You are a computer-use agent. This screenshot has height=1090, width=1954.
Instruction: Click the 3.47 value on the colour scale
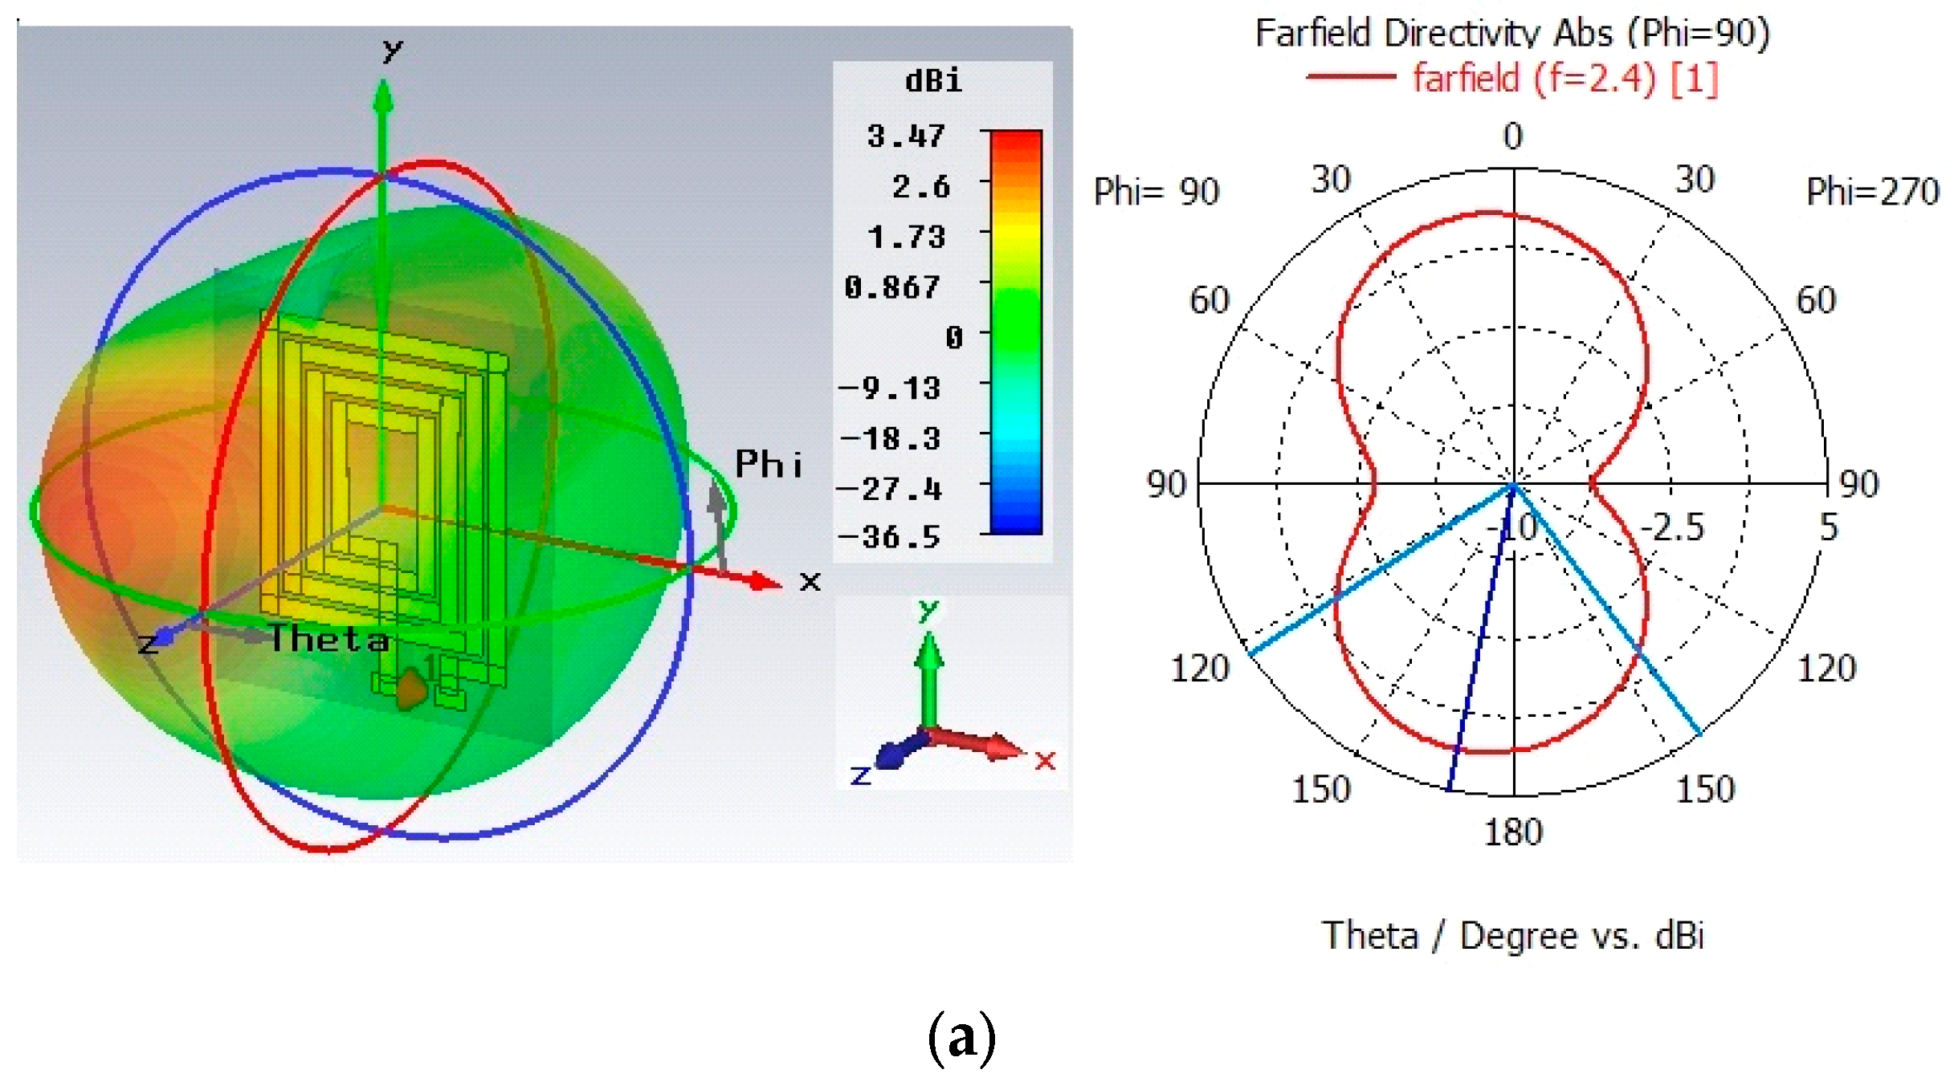[x=905, y=136]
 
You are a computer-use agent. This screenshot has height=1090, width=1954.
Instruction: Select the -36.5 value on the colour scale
[x=889, y=537]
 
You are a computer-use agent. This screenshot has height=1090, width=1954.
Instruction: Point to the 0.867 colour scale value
[x=891, y=287]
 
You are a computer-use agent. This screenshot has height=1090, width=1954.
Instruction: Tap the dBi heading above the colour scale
[x=933, y=81]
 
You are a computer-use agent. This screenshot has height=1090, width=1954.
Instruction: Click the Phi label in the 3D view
[x=769, y=465]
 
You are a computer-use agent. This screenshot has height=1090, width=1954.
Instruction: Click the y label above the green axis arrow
[x=392, y=51]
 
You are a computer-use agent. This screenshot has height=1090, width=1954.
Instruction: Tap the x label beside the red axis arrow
[x=810, y=580]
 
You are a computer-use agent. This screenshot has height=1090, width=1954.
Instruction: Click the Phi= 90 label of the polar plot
[x=1156, y=192]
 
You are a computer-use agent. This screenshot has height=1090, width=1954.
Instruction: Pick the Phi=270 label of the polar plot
[x=1872, y=192]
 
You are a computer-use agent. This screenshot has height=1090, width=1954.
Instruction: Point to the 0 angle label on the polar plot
[x=1513, y=136]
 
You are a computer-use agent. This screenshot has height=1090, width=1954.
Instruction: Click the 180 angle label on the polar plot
[x=1513, y=832]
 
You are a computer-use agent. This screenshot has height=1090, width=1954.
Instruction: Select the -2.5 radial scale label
[x=1672, y=527]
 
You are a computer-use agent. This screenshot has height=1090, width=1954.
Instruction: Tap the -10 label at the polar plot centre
[x=1511, y=528]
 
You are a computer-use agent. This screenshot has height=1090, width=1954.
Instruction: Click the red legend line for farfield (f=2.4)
[x=1351, y=77]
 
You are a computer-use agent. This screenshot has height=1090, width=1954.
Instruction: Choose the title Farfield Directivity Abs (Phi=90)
[x=1512, y=33]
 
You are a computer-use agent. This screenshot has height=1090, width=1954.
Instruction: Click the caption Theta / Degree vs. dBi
[x=1512, y=936]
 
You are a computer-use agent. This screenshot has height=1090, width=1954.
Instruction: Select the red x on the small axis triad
[x=1045, y=760]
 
